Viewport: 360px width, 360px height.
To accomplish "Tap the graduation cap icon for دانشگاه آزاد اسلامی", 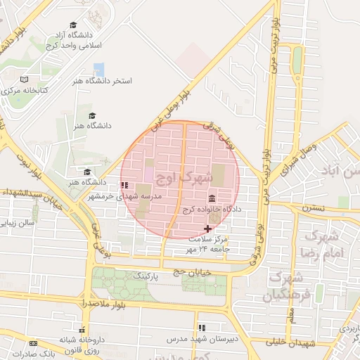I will tap(73, 25).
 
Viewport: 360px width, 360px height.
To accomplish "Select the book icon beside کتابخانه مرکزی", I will tap(25, 80).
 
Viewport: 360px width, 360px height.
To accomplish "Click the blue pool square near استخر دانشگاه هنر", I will tap(98, 69).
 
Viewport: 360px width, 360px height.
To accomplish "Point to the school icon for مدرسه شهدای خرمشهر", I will tap(124, 186).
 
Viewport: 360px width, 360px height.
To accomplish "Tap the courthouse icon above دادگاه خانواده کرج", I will tap(212, 199).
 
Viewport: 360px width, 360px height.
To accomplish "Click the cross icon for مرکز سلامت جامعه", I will tap(207, 229).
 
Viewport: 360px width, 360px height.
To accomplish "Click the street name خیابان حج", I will tap(183, 269).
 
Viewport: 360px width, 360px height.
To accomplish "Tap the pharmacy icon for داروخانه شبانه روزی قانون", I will tap(82, 330).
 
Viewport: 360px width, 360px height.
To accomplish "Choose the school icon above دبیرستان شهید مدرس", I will tap(202, 328).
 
